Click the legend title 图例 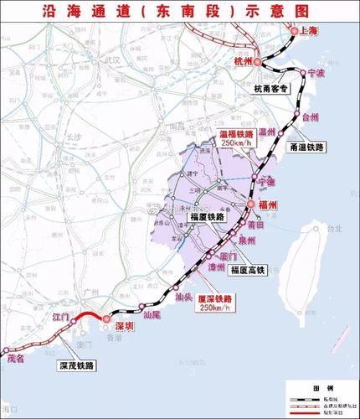(318, 391)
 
